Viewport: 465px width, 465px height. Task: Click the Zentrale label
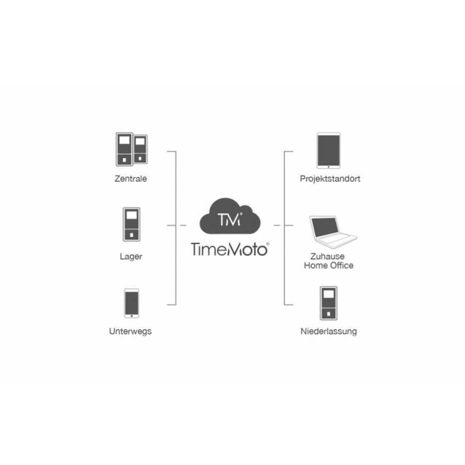coord(131,179)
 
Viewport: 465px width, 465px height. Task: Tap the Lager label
coord(131,256)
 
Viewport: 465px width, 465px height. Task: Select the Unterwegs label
coord(130,331)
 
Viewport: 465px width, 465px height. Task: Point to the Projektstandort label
coord(330,179)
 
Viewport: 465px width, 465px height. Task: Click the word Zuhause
coord(328,256)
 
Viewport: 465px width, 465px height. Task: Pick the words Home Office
coord(329,265)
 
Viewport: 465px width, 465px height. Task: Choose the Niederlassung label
coord(329,331)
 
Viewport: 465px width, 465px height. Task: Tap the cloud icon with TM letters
coord(230,216)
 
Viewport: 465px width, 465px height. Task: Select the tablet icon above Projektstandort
coord(328,151)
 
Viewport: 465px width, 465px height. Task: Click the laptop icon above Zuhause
coord(333,232)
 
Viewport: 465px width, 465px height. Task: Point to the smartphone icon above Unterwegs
coord(131,303)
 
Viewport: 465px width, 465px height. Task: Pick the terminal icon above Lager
coord(131,225)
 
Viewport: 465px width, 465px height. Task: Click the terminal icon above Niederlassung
coord(329,303)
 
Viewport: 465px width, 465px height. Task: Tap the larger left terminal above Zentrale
coord(124,149)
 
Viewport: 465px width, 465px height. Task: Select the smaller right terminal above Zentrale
coord(140,149)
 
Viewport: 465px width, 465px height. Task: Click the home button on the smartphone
coord(131,316)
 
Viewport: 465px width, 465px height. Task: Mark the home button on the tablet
coord(328,167)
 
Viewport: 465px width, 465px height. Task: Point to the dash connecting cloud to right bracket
coord(277,225)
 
